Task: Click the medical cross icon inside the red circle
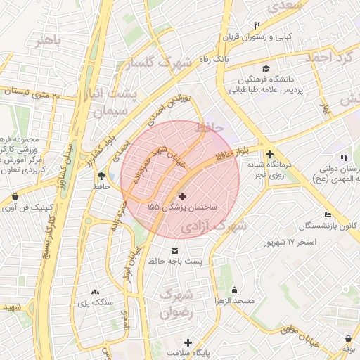pyautogui.click(x=184, y=197)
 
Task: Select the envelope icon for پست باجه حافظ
pyautogui.click(x=175, y=251)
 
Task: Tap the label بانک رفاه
pyautogui.click(x=214, y=60)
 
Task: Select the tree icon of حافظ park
pyautogui.click(x=101, y=176)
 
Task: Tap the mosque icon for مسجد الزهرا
pyautogui.click(x=234, y=290)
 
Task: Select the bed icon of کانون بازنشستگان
pyautogui.click(x=327, y=215)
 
